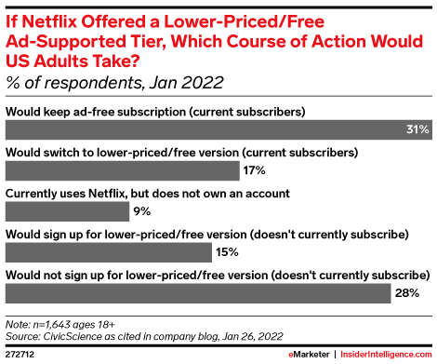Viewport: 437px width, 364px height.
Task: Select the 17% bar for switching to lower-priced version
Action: (x=121, y=170)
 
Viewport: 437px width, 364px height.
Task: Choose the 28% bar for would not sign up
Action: (x=197, y=294)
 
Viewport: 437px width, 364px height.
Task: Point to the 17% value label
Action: (x=254, y=170)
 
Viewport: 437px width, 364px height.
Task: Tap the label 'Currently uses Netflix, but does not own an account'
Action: (x=148, y=193)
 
